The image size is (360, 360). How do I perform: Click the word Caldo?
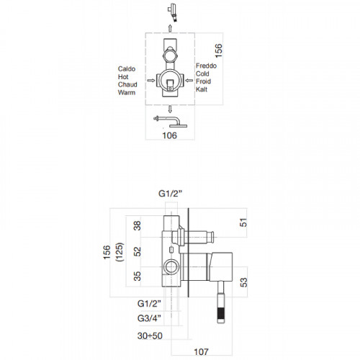127,69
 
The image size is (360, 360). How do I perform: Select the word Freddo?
206,66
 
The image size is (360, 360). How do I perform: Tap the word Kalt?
202,89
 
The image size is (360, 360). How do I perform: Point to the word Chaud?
127,84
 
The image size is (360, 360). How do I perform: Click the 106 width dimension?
169,135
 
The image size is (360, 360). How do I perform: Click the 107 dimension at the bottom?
201,352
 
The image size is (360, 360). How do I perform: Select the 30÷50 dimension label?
150,336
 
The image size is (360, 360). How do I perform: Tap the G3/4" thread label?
149,318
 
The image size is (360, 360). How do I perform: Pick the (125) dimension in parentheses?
120,252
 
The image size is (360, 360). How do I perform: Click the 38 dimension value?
138,226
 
